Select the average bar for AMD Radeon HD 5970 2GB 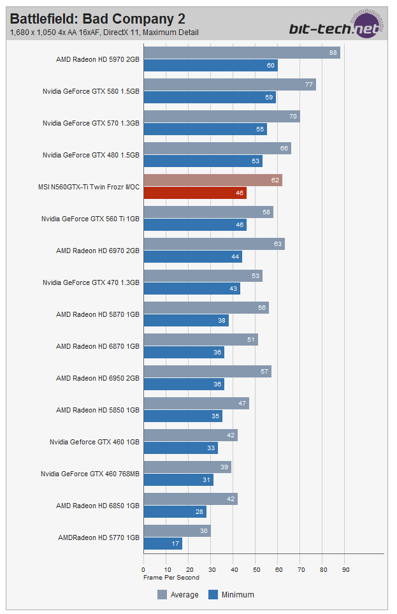click(x=242, y=53)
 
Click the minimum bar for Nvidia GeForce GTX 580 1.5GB click(x=210, y=98)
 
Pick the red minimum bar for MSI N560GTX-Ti click(x=195, y=193)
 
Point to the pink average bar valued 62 click(x=213, y=180)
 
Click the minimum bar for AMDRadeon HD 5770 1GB click(x=163, y=544)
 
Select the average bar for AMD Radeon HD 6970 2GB click(x=214, y=244)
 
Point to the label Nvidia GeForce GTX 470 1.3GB click(x=91, y=282)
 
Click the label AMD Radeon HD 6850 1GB click(x=97, y=506)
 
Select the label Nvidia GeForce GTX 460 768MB click(x=90, y=474)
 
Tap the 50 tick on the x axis click(x=256, y=569)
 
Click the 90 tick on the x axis click(x=346, y=569)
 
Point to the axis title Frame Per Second click(x=171, y=578)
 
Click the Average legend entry click(x=178, y=595)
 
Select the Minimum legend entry click(x=231, y=595)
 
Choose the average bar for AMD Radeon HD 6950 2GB click(x=208, y=372)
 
